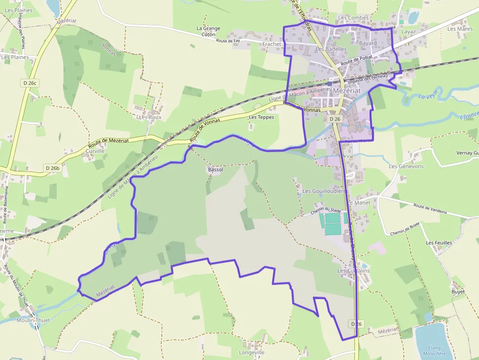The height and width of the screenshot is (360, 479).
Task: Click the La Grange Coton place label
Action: point(208,31)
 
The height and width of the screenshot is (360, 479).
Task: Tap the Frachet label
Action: point(272,44)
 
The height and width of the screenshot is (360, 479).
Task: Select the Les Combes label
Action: point(353,18)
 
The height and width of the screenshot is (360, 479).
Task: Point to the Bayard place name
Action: point(368,43)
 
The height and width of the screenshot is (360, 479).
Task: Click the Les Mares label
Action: point(460,29)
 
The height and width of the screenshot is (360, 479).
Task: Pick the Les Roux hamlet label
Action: point(150,117)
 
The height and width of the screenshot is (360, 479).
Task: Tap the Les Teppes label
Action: point(261,117)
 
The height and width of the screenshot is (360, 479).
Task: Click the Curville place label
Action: point(95,151)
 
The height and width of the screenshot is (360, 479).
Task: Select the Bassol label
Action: point(215,169)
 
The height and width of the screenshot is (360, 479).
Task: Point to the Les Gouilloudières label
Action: point(325,191)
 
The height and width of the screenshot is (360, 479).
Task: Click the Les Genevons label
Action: point(406,166)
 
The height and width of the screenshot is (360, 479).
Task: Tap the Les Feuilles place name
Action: point(439,243)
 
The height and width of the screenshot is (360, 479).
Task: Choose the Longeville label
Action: point(251,352)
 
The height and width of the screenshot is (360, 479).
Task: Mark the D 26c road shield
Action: point(30,83)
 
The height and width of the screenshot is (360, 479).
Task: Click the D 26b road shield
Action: point(52,168)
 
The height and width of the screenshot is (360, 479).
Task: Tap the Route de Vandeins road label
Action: point(430,209)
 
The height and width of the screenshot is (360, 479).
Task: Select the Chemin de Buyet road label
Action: point(405,229)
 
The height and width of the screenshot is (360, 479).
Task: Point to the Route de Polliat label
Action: point(357,61)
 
